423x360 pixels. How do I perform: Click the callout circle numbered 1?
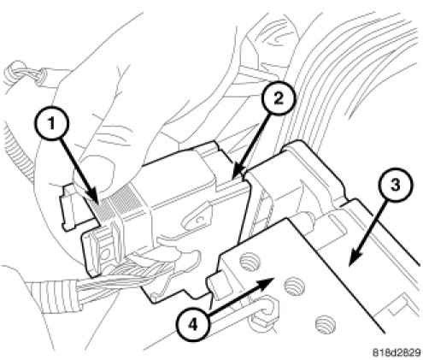[x=51, y=125]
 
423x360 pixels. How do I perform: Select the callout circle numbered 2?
[x=278, y=99]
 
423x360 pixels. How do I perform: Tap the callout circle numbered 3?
[x=395, y=186]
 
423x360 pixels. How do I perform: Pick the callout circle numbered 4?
[x=193, y=325]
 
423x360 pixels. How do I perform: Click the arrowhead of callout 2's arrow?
[x=238, y=173]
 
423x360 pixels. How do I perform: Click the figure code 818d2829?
[x=397, y=352]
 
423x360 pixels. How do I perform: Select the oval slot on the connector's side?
[x=197, y=220]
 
